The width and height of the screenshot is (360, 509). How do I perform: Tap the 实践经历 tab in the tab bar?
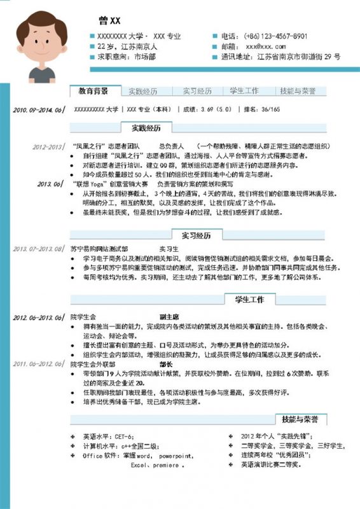pyautogui.click(x=142, y=91)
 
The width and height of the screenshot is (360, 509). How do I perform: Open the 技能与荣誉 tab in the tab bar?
pyautogui.click(x=298, y=91)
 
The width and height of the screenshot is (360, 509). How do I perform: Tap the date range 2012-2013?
pyautogui.click(x=48, y=145)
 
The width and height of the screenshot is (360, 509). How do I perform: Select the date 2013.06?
pyautogui.click(x=52, y=183)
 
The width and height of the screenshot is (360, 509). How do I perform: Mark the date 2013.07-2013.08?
pyautogui.click(x=38, y=249)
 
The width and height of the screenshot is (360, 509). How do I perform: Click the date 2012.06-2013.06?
pyautogui.click(x=38, y=317)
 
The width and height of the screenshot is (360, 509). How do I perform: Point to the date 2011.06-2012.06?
pyautogui.click(x=38, y=364)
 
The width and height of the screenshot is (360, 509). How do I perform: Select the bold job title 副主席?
pyautogui.click(x=169, y=316)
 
